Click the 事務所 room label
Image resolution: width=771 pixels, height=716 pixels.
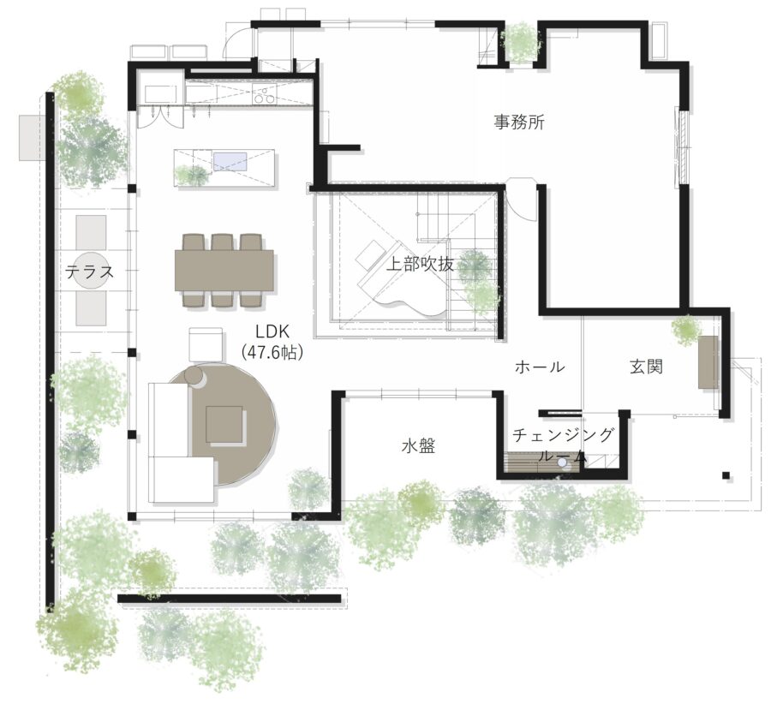pos(519,122)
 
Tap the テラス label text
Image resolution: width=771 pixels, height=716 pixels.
pos(89,271)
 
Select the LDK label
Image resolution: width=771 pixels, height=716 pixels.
pos(272,331)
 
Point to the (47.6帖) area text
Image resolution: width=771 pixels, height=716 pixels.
pos(272,352)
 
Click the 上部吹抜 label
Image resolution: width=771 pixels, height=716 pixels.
pos(420,264)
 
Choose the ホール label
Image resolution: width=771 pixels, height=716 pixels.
pos(540,367)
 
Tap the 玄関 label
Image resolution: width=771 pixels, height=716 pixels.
pos(646,367)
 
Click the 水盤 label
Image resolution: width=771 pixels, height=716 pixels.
pos(418,446)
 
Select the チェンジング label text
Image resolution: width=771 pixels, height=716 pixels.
pos(563,435)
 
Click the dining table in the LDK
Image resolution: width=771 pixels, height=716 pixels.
pos(224,271)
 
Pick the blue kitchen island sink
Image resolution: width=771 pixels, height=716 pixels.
pos(230,162)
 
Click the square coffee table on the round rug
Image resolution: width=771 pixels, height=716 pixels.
pos(224,425)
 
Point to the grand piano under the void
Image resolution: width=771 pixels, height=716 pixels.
pos(401,279)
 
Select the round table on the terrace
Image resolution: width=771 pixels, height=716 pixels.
pos(91,271)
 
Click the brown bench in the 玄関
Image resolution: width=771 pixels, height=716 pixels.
pos(708,362)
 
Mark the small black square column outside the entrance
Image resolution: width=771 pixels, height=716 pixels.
pos(726,475)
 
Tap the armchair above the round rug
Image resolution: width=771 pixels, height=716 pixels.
pos(206,344)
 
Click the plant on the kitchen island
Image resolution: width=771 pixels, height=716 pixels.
pos(191,176)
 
